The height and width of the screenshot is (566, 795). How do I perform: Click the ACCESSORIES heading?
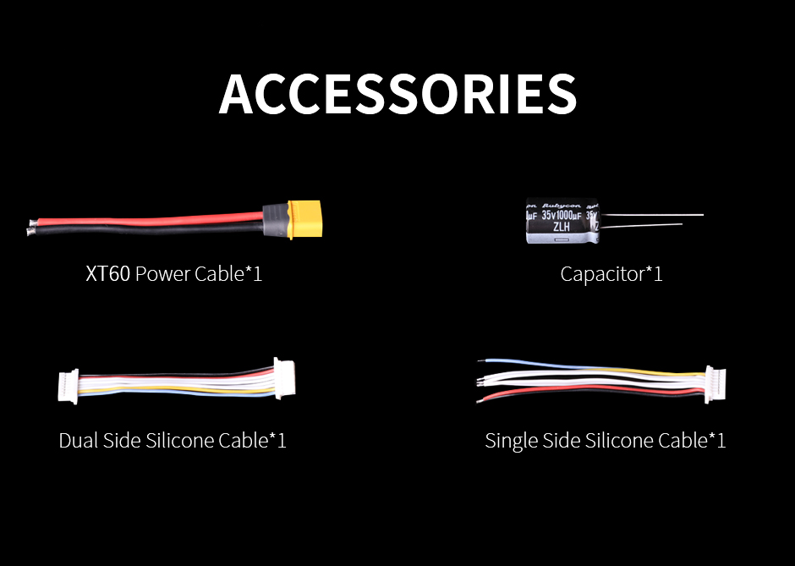pos(397,94)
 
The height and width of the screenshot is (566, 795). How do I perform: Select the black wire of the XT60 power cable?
pos(152,228)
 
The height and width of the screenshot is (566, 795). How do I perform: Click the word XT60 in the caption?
pos(107,274)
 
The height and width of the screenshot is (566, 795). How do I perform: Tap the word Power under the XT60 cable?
pos(162,274)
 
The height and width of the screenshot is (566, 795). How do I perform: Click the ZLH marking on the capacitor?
pos(561,227)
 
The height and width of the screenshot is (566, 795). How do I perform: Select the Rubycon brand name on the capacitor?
pos(562,204)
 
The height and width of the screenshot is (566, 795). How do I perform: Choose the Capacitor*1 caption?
pos(611,274)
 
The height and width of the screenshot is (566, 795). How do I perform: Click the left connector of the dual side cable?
pos(68,385)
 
